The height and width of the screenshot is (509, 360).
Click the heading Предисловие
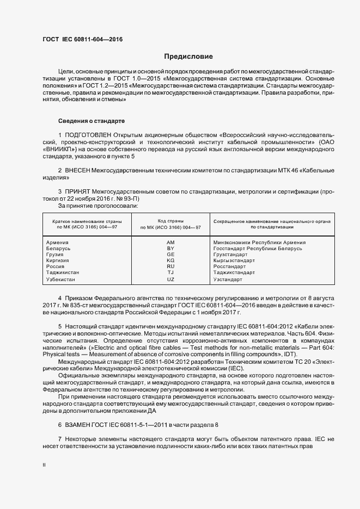coord(188,57)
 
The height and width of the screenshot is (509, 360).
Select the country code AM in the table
coord(170,243)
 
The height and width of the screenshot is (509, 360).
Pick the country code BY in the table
coord(170,249)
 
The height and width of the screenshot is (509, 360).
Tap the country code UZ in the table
coord(170,279)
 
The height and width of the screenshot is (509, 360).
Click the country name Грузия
coord(55,254)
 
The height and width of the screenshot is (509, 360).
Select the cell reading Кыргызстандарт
coord(234,260)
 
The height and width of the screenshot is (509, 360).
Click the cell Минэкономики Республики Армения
coord(259,243)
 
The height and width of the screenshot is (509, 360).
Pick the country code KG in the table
coord(170,260)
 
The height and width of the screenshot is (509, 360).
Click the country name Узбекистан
coord(61,279)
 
